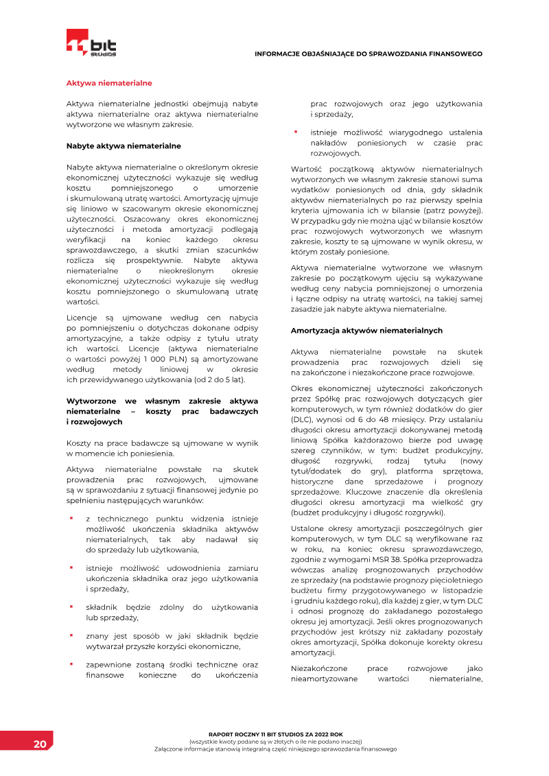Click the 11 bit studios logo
pyautogui.click(x=91, y=43)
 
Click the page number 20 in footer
pyautogui.click(x=40, y=744)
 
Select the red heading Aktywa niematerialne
pyautogui.click(x=108, y=83)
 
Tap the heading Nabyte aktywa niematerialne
pyautogui.click(x=124, y=145)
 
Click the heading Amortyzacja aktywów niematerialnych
pyautogui.click(x=366, y=330)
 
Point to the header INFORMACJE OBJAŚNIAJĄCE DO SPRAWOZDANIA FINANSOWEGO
pyautogui.click(x=369, y=54)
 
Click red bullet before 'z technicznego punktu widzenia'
pyautogui.click(x=70, y=519)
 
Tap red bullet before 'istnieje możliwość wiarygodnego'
pyautogui.click(x=295, y=132)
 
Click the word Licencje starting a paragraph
pyautogui.click(x=83, y=318)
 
